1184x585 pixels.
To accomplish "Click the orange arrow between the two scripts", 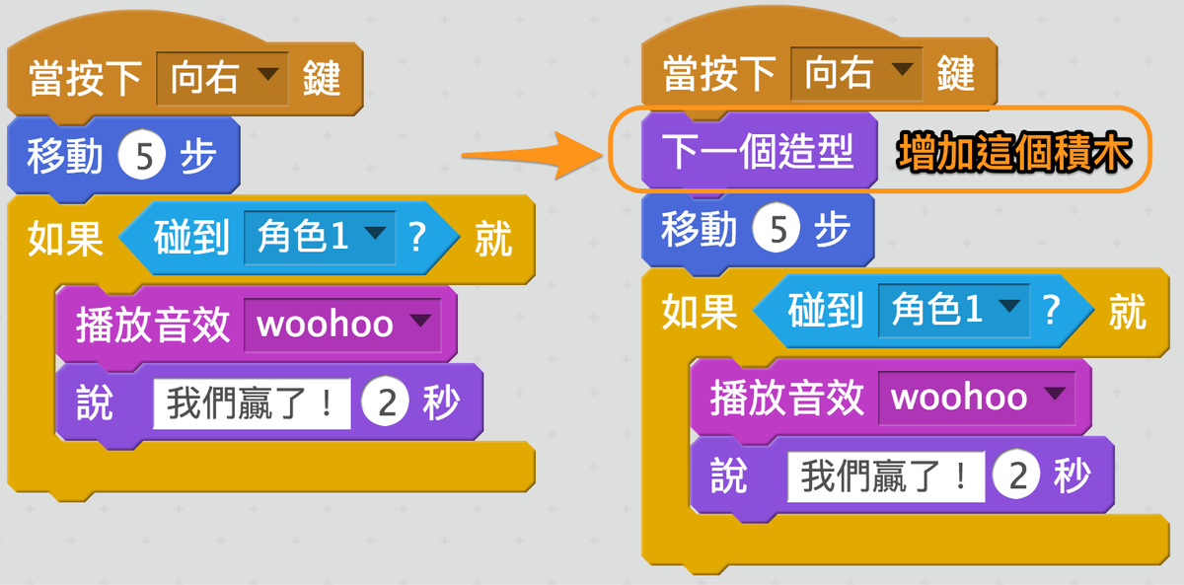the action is point(534,155).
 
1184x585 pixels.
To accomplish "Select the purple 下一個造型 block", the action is point(759,152).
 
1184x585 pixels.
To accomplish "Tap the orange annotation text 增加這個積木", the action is point(1014,152).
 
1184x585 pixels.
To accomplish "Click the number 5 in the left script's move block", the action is point(142,155).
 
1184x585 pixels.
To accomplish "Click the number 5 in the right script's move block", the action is point(776,229).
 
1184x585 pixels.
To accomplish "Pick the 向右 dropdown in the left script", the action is point(223,78).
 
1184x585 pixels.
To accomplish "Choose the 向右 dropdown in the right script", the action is point(856,73).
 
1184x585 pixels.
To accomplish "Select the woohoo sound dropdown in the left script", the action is point(342,325).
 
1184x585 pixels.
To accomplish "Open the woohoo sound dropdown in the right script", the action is point(977,398).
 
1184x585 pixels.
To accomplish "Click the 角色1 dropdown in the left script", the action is point(320,238).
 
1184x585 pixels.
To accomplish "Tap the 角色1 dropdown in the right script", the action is point(954,310).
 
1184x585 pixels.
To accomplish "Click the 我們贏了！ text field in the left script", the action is point(252,403).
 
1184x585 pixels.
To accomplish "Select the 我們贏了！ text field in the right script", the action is point(886,476).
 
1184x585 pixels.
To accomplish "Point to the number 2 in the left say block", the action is point(386,402).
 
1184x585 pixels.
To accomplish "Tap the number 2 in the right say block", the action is point(1017,475).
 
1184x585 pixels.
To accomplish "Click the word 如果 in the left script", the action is point(65,239).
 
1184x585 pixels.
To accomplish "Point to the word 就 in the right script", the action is point(1127,312).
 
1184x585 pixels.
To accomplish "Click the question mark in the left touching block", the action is point(417,237).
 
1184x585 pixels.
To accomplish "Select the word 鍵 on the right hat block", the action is point(956,73).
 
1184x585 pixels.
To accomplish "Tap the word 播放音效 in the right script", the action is point(786,398).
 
